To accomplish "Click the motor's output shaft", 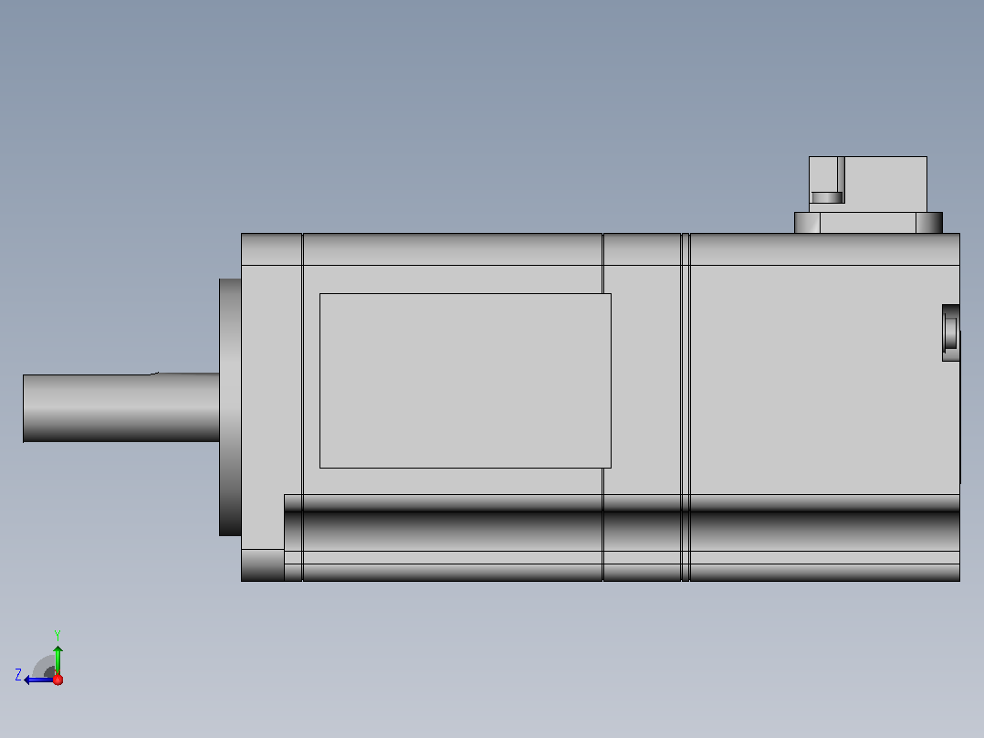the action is [x=121, y=407].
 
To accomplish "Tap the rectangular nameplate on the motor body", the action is [x=465, y=381].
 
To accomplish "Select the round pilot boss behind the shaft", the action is [x=230, y=407].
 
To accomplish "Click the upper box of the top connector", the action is [x=868, y=184].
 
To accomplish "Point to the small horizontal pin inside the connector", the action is [x=827, y=197].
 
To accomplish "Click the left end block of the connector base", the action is [x=807, y=223].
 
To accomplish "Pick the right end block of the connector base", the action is [x=929, y=223].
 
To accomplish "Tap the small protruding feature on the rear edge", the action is [x=951, y=332].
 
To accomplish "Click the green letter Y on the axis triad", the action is [x=58, y=635].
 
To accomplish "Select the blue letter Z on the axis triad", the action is [x=18, y=675].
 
